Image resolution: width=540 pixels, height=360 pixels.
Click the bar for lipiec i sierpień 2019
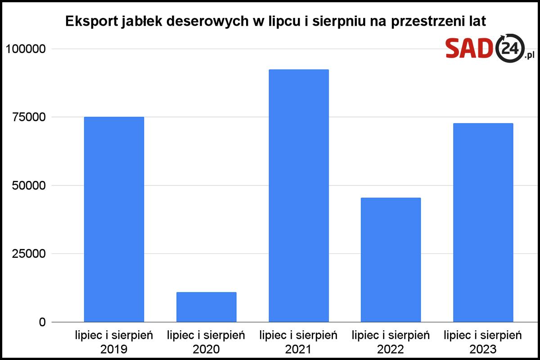114,220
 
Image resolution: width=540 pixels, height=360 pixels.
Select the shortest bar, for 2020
206,307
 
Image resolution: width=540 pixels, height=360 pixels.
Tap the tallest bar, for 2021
298,196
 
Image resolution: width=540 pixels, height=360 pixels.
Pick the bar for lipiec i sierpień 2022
391,260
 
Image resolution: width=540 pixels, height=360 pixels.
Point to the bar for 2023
483,223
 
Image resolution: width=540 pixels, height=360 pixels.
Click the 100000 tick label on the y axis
27,49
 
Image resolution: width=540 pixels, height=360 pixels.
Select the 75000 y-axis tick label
30,117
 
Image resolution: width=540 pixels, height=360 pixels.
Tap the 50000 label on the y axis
30,185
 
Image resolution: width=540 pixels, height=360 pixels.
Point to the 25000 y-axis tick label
30,254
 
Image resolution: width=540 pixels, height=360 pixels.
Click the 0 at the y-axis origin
42,322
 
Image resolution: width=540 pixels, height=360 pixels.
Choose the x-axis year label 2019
114,349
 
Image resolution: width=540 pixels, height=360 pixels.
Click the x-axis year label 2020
206,349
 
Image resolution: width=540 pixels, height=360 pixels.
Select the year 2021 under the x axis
298,349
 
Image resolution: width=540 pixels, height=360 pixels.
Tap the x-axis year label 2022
391,349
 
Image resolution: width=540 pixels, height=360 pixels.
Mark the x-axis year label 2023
483,349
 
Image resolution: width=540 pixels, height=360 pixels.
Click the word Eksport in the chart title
90,22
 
